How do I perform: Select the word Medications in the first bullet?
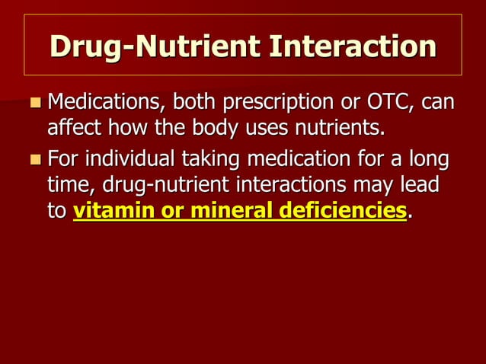tap(107, 102)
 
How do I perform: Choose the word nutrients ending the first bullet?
tap(336, 126)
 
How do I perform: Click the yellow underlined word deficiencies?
tap(341, 211)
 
